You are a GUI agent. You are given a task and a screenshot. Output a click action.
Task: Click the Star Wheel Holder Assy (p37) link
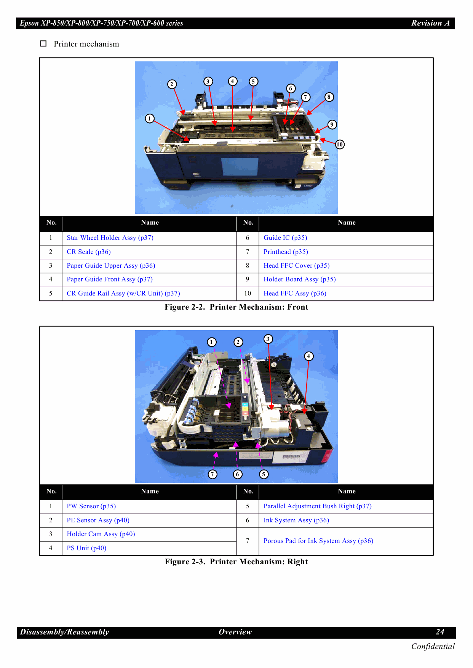coord(110,238)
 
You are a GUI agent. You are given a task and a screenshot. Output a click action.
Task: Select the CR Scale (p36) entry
coord(89,252)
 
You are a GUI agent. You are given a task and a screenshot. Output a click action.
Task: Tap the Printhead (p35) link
coord(286,252)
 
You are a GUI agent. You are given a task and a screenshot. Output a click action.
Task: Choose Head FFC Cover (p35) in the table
coord(296,266)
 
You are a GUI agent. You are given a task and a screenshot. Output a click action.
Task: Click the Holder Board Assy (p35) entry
coord(299,279)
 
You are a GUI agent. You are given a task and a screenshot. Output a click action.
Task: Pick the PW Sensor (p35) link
coord(91,506)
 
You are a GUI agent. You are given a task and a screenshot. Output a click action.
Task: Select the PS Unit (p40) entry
coord(86,548)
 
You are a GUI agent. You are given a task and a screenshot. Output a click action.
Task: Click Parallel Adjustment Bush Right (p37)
coord(317,506)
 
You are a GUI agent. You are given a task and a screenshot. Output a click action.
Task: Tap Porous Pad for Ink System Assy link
coord(318,541)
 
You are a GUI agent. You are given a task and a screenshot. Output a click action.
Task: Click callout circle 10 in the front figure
coord(340,145)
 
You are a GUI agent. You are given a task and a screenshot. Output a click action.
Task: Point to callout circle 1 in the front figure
coord(150,119)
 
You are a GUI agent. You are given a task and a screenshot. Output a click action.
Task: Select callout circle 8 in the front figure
coord(329,97)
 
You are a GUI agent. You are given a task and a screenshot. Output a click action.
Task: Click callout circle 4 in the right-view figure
coord(308,356)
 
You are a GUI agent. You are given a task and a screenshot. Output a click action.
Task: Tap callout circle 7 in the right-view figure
coord(213,474)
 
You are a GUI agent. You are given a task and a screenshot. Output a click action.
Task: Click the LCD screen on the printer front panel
coord(240,167)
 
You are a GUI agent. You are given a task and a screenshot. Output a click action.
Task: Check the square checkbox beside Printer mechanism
coord(43,44)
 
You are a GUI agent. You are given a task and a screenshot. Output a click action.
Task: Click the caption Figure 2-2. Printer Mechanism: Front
coord(236,307)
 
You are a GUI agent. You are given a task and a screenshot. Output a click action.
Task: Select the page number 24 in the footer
coord(440,632)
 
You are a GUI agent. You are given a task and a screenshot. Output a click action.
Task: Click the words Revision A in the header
coord(430,23)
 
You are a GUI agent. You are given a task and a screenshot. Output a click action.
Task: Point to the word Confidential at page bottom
coord(433,647)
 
